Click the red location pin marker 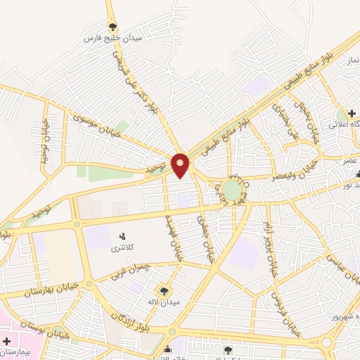(181, 165)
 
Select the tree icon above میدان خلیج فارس (112, 27)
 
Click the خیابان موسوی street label (94, 124)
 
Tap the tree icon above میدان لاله (165, 290)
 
